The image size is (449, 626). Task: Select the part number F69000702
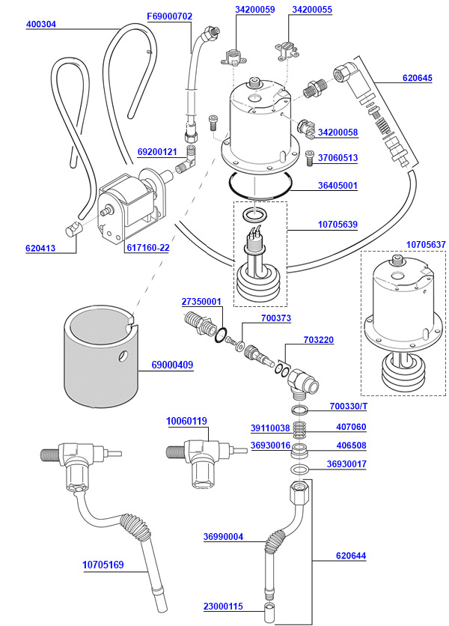click(x=170, y=16)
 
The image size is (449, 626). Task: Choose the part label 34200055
click(x=312, y=10)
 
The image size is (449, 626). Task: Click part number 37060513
click(x=337, y=158)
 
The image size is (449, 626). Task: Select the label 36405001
click(x=337, y=185)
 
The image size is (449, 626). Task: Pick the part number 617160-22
click(x=148, y=248)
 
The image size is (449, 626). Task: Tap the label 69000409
click(x=172, y=365)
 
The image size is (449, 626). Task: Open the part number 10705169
click(x=103, y=565)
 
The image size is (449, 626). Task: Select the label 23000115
click(x=224, y=606)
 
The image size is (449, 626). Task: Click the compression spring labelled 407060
click(x=300, y=431)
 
